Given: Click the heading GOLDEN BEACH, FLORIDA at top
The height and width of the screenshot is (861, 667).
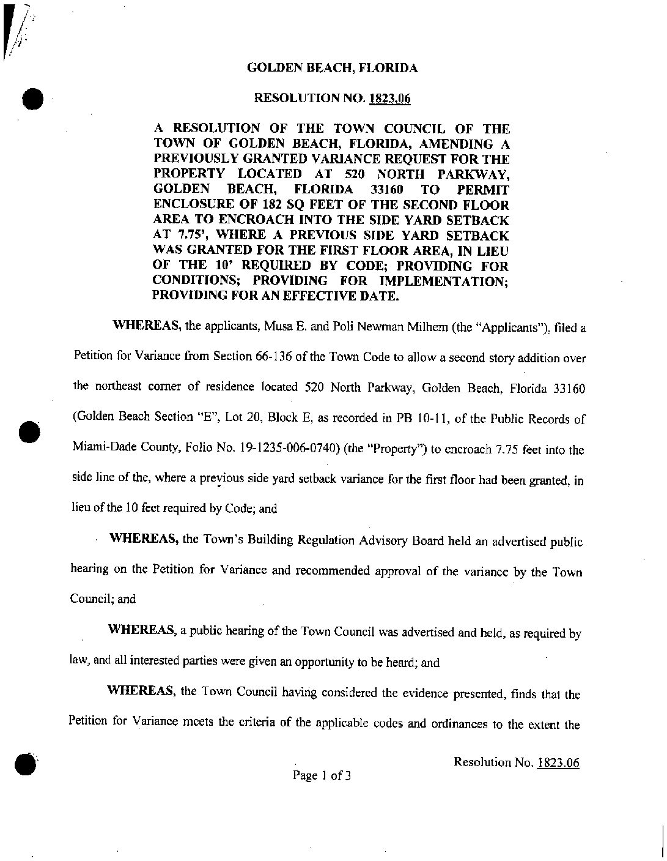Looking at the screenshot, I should pyautogui.click(x=332, y=69).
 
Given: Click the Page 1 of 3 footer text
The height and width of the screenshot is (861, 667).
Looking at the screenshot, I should pyautogui.click(x=322, y=776).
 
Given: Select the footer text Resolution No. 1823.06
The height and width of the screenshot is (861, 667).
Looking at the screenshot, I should pyautogui.click(x=517, y=762).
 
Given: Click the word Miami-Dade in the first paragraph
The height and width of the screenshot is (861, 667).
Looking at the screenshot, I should pyautogui.click(x=101, y=449).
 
